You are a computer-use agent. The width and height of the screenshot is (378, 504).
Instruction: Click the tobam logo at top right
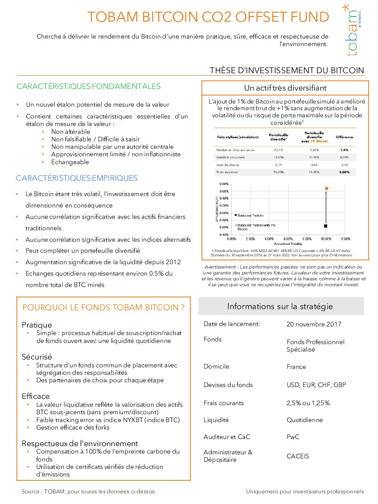[352, 31]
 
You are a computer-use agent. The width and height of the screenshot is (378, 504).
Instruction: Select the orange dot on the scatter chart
[326, 189]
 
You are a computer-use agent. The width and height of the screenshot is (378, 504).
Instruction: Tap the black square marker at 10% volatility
[326, 226]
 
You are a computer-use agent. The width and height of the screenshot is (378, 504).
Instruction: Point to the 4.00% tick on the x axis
[269, 239]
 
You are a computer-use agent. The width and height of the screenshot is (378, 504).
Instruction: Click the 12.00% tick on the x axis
[345, 239]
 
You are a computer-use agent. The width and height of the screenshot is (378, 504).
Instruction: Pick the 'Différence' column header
[344, 137]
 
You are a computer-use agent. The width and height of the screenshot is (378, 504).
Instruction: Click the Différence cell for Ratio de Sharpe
[344, 165]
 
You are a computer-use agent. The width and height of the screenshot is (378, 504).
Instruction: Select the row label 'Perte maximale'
[227, 172]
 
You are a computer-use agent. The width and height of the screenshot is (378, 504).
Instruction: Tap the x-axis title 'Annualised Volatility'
[288, 244]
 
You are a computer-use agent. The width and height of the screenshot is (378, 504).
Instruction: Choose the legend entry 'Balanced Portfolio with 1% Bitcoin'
[256, 227]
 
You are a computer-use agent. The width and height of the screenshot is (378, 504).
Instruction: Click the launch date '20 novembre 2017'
[314, 324]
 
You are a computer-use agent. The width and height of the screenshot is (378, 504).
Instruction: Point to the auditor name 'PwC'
[293, 437]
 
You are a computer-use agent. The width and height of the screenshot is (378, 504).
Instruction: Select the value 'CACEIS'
[298, 456]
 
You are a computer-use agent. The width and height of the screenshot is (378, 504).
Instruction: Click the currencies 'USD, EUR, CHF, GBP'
[316, 385]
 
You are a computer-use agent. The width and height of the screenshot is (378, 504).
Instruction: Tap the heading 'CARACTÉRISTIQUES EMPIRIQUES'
[77, 178]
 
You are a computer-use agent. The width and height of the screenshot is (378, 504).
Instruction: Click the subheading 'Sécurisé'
[37, 357]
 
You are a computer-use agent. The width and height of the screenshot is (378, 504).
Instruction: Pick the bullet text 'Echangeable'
[70, 162]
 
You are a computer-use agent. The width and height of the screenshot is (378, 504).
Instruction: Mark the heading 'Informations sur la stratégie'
[280, 307]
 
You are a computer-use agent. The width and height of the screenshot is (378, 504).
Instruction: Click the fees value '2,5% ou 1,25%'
[308, 403]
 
